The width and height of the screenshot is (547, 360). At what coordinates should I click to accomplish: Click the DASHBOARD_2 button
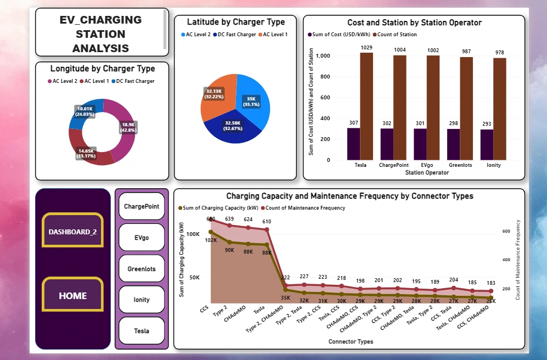coord(72,232)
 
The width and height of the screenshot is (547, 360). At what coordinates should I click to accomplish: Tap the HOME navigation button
coord(72,296)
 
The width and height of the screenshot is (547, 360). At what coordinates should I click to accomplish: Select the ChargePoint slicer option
coord(142,206)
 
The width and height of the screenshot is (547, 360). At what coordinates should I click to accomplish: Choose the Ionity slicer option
coord(142,300)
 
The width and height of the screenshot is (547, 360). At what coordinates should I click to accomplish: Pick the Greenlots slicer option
coord(142,269)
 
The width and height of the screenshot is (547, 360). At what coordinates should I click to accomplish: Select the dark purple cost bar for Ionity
coord(487,145)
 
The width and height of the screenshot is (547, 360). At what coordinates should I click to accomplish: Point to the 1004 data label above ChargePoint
coord(400,50)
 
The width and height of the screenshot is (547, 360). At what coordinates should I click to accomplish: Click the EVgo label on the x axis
coord(426,165)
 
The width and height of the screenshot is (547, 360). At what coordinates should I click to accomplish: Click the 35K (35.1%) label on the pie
coord(252,102)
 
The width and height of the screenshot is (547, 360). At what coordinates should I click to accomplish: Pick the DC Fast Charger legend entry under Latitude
coord(236,35)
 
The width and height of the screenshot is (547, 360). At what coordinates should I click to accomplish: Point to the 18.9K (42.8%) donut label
coord(128,128)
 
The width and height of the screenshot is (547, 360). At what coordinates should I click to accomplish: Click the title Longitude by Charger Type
coord(103,69)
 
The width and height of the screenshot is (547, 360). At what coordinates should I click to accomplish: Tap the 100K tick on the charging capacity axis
coord(193,234)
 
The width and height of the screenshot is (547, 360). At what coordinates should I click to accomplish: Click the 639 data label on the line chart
coord(229,220)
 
